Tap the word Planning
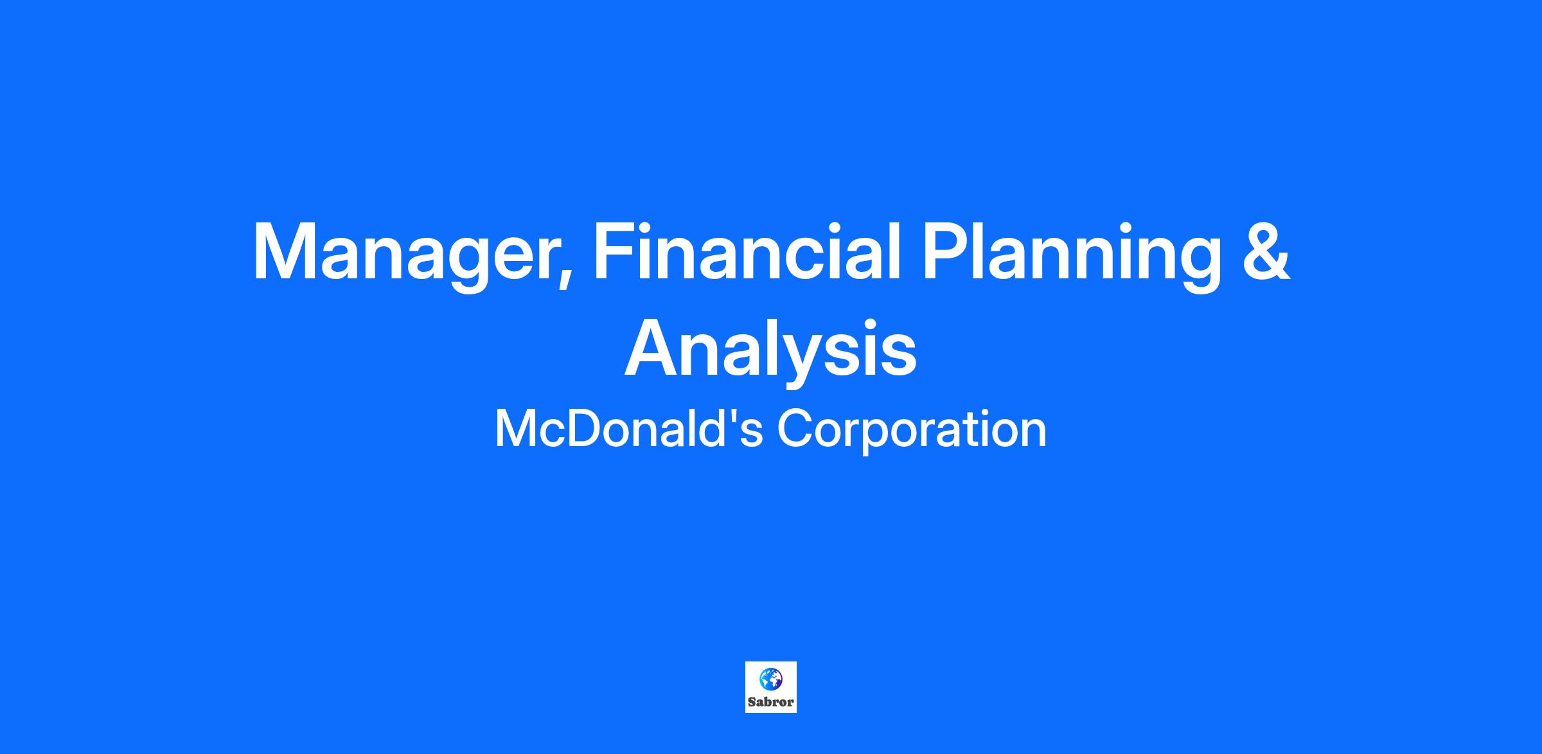tap(1072, 255)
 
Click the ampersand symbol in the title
tap(1266, 251)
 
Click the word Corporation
tap(912, 429)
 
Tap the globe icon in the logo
tap(770, 678)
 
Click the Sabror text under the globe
tap(770, 703)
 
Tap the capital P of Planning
tap(948, 252)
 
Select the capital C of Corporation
tap(796, 429)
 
